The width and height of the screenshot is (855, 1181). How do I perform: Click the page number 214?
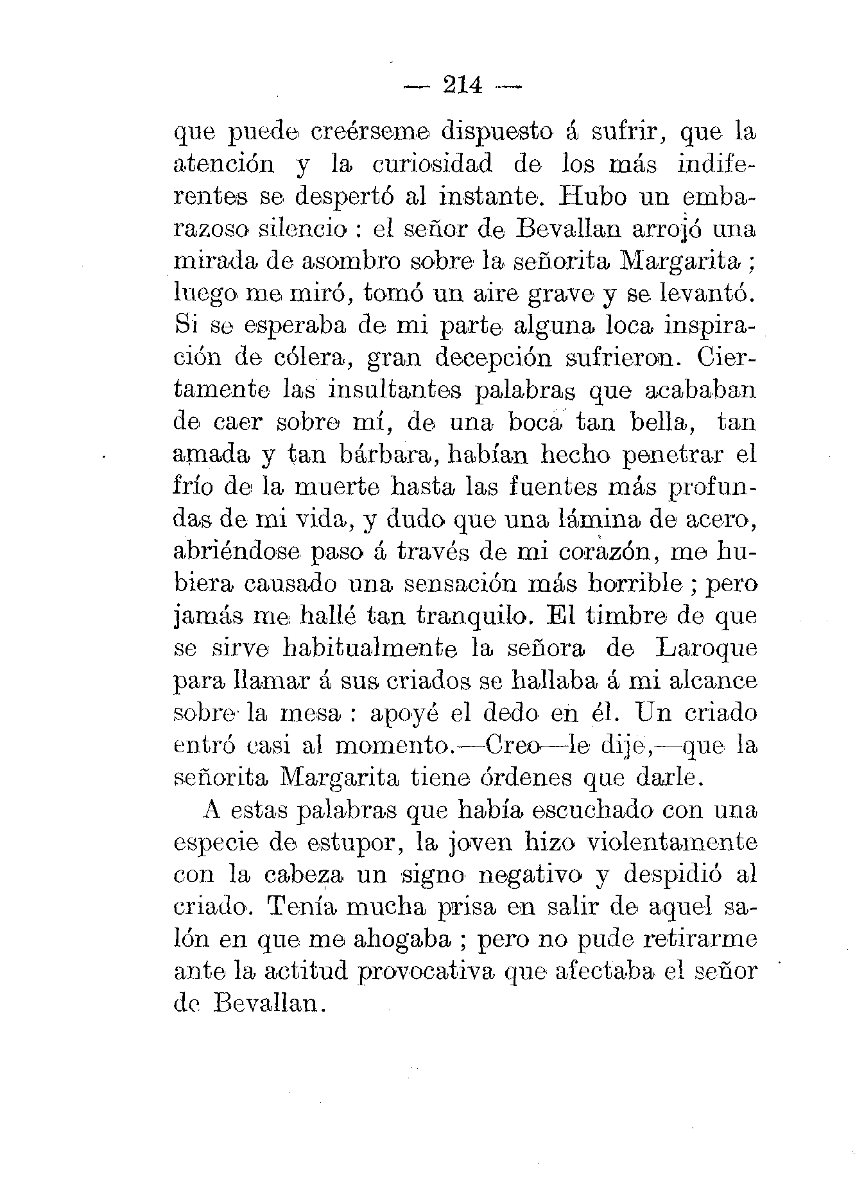(x=462, y=85)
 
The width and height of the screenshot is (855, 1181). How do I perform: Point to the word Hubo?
(x=596, y=196)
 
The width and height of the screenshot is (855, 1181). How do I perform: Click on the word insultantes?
(x=394, y=390)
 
